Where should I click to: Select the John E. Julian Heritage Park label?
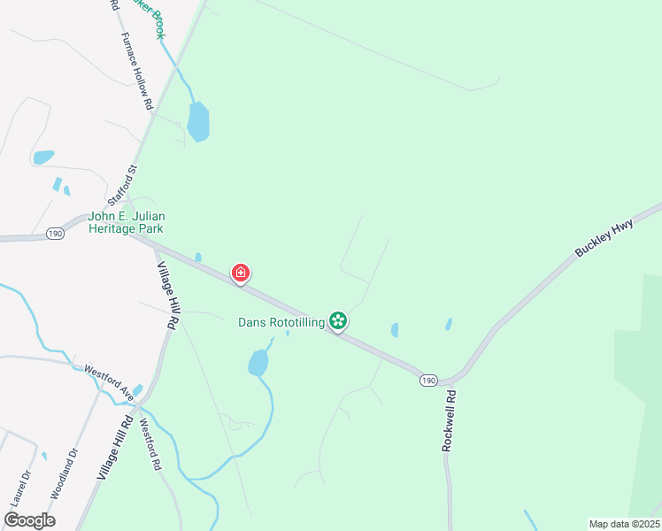(x=127, y=222)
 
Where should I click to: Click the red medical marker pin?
(x=240, y=273)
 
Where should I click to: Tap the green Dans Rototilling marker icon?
(x=337, y=320)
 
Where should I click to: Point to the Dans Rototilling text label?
(x=281, y=322)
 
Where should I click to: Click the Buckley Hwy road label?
(x=605, y=237)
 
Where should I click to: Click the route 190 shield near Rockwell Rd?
(x=428, y=380)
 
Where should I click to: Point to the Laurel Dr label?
(x=20, y=488)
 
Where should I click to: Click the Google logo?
(x=30, y=520)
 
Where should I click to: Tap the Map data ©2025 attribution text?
(x=623, y=524)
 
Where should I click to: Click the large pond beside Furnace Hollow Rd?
(x=198, y=122)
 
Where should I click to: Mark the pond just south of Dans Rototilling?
(x=258, y=362)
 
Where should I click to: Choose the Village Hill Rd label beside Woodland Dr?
(x=115, y=450)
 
